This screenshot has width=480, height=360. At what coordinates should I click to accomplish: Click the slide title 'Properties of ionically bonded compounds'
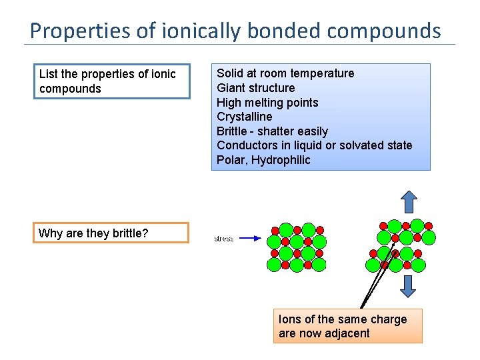coord(235,31)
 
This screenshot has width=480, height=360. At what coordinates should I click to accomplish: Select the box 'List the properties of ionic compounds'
coord(111,81)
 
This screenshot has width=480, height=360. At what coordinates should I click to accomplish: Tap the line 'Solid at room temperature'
coord(285,73)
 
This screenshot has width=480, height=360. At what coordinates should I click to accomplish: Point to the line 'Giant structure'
coord(255,88)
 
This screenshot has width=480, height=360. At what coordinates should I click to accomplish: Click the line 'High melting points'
coord(267,103)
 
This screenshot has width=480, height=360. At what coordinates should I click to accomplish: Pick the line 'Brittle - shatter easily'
coord(272,131)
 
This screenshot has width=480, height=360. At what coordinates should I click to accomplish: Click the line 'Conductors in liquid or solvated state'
coord(314,145)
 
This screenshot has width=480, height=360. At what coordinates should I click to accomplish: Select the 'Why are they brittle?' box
coord(111,233)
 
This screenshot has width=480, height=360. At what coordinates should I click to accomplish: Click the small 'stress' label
coord(223,238)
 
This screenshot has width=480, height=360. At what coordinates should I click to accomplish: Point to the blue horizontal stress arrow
coord(250,237)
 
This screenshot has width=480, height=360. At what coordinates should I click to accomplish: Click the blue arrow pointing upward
coord(409,201)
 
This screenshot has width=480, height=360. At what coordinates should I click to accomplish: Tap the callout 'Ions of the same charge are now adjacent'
coord(347,326)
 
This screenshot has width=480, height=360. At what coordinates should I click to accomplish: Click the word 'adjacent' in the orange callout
coord(345,333)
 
